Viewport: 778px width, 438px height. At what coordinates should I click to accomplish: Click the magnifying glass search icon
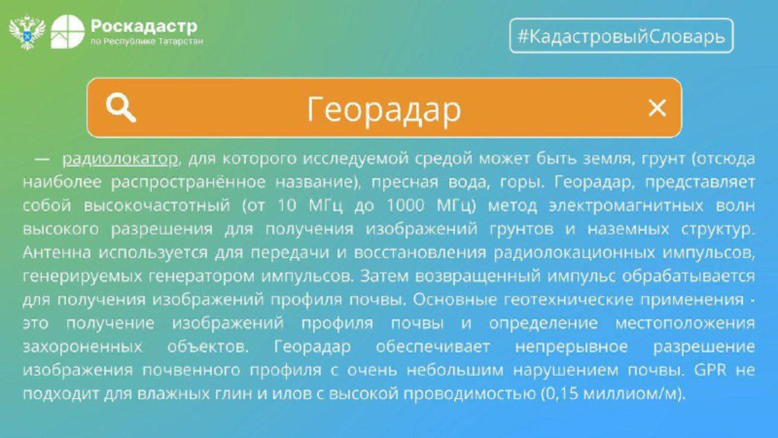tap(121, 109)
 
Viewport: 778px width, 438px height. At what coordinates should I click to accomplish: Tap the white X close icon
tap(657, 108)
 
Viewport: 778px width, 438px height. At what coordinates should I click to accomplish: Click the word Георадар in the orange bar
tap(384, 109)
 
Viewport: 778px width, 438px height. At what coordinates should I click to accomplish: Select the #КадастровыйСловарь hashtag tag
tap(621, 36)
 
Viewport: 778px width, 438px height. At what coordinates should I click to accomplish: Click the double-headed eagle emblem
tap(27, 32)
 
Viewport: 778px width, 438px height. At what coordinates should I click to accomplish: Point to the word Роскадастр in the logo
tap(144, 26)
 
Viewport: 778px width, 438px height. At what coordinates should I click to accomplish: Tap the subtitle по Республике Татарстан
tap(146, 42)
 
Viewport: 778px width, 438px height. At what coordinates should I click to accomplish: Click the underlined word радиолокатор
tap(120, 159)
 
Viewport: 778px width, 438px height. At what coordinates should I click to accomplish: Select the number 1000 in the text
tap(406, 205)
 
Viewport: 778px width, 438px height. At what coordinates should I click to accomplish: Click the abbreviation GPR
tap(710, 369)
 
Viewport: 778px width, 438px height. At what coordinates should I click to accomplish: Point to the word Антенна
tap(57, 253)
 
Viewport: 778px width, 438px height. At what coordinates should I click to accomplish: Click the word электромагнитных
tap(626, 205)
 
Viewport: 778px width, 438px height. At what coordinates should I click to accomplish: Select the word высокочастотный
tap(157, 205)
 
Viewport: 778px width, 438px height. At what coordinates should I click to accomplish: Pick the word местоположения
tap(685, 323)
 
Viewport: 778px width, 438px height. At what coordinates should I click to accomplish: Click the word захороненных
tap(82, 347)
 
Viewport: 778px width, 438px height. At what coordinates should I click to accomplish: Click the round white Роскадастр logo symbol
tap(68, 32)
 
